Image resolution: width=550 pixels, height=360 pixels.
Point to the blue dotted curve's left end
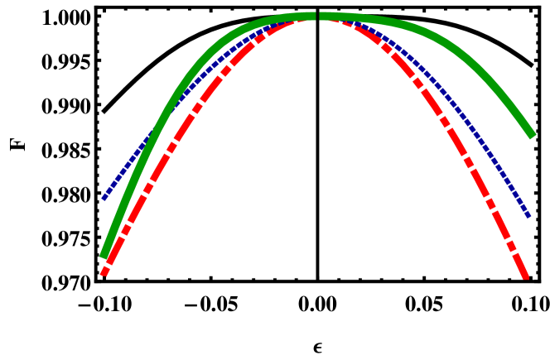point(104,198)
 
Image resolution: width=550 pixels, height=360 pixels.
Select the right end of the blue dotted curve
point(528,216)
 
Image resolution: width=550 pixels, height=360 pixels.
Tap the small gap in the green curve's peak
point(317,16)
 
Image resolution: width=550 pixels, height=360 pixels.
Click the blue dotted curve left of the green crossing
point(124,169)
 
